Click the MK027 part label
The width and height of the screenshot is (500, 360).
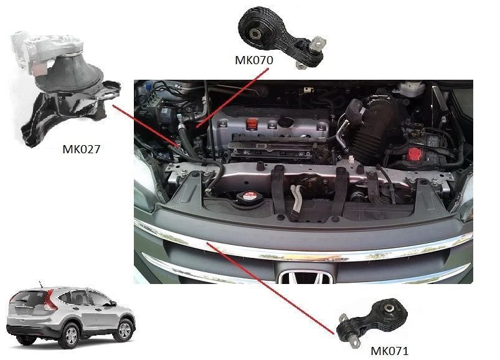pyautogui.click(x=81, y=149)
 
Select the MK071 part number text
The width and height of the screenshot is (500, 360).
pyautogui.click(x=389, y=351)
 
